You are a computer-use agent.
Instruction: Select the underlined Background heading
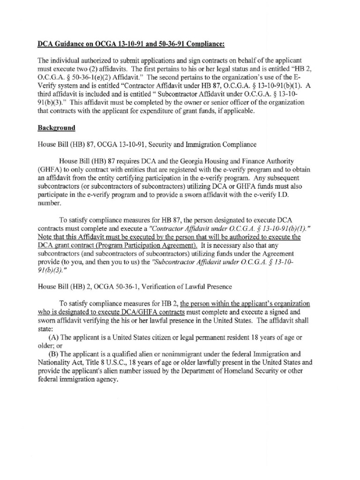click(57, 127)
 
